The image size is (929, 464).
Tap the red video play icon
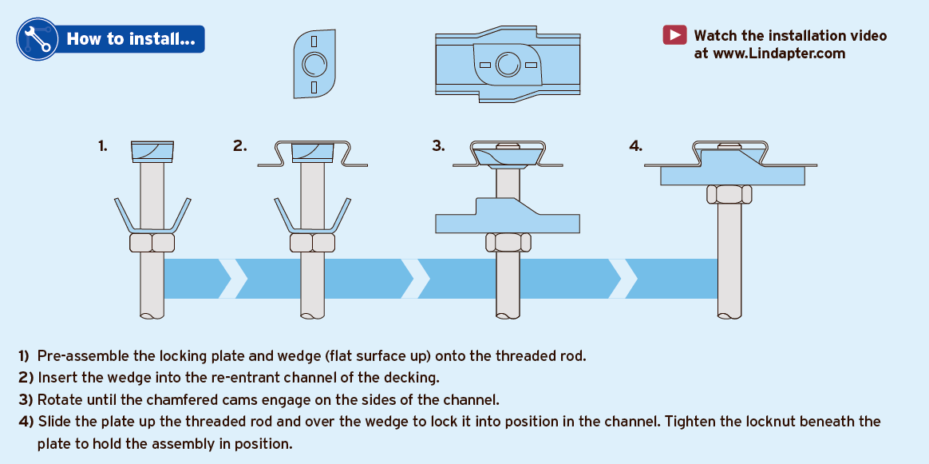click(674, 35)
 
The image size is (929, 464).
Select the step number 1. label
click(103, 145)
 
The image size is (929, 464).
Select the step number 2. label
click(239, 145)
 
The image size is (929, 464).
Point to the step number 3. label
click(438, 145)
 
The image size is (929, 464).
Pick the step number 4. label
click(635, 145)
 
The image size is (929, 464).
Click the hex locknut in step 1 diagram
click(152, 243)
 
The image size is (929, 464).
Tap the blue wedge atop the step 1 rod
click(152, 150)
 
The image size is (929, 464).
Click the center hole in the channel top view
click(507, 64)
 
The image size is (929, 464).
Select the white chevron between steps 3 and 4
click(623, 278)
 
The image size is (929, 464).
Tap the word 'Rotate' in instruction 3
click(59, 399)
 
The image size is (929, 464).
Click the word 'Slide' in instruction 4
click(54, 421)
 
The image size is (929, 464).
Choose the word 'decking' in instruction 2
click(415, 377)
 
